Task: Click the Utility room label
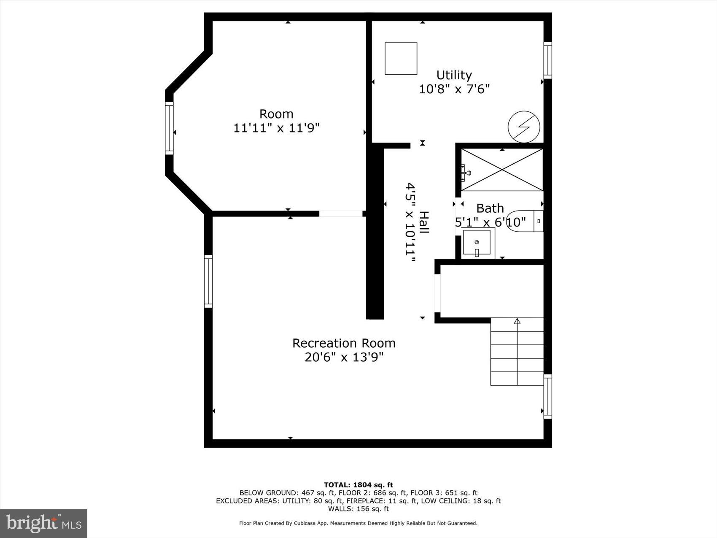pyautogui.click(x=454, y=75)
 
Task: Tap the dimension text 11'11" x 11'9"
pyautogui.click(x=277, y=128)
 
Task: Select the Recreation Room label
pyautogui.click(x=344, y=343)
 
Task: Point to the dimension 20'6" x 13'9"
pyautogui.click(x=344, y=357)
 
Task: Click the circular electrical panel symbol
pyautogui.click(x=524, y=127)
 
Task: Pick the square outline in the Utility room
pyautogui.click(x=401, y=59)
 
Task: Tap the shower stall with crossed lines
pyautogui.click(x=502, y=170)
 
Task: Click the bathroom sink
pyautogui.click(x=477, y=242)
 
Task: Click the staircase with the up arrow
pyautogui.click(x=517, y=351)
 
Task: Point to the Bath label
pyautogui.click(x=490, y=208)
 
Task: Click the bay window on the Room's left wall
pyautogui.click(x=169, y=128)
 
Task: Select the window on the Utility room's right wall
pyautogui.click(x=547, y=60)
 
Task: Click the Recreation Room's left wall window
pyautogui.click(x=208, y=281)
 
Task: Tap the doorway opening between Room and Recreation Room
pyautogui.click(x=341, y=214)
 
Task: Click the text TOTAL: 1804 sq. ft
pyautogui.click(x=358, y=485)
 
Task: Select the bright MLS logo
pyautogui.click(x=44, y=523)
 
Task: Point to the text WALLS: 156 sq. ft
pyautogui.click(x=358, y=509)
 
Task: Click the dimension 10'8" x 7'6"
pyautogui.click(x=454, y=89)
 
